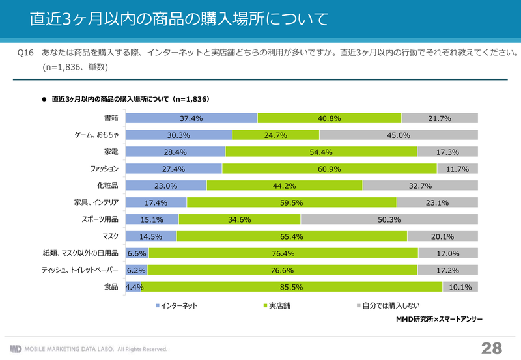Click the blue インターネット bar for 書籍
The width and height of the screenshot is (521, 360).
click(x=191, y=118)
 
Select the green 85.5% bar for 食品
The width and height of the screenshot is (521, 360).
click(x=292, y=286)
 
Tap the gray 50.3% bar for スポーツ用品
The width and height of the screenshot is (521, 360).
click(x=389, y=219)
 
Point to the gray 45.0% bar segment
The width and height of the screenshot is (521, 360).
click(x=399, y=135)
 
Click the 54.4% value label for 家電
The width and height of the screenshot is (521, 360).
click(x=322, y=152)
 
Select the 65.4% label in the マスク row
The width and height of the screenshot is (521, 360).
click(x=292, y=236)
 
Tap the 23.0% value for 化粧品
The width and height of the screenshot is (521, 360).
click(x=166, y=186)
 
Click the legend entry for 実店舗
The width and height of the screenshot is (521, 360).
click(x=276, y=305)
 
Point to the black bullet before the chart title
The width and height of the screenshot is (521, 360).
click(x=44, y=100)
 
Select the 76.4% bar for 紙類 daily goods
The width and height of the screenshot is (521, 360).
click(x=283, y=253)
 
